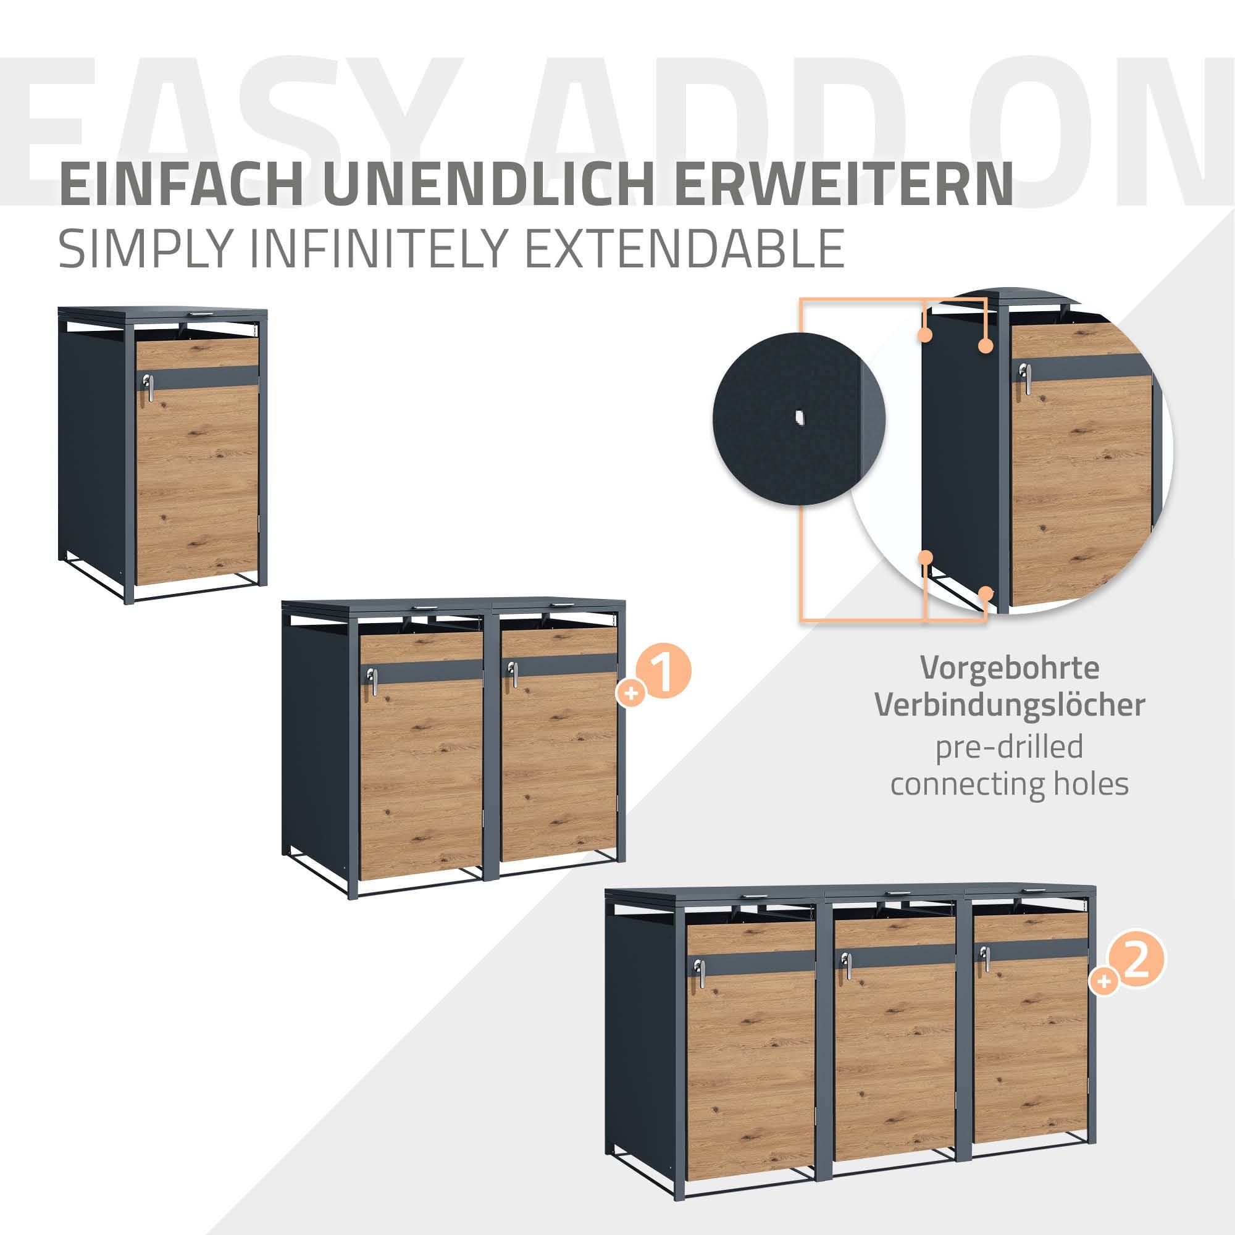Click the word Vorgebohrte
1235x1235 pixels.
1010,668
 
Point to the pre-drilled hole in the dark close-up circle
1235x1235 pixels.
798,419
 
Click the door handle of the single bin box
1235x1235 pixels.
148,387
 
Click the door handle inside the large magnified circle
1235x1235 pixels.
1024,379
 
